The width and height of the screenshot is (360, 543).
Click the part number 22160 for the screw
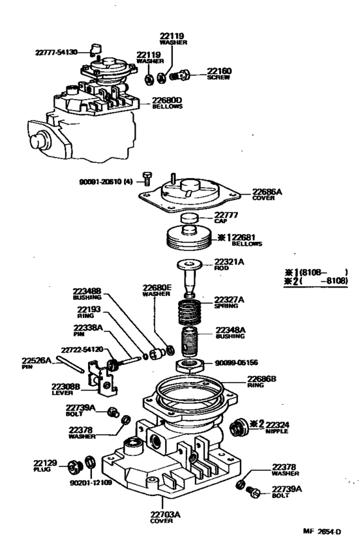219,71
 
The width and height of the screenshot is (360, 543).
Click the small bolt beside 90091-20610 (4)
148,178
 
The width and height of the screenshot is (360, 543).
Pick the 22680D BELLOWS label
170,103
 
